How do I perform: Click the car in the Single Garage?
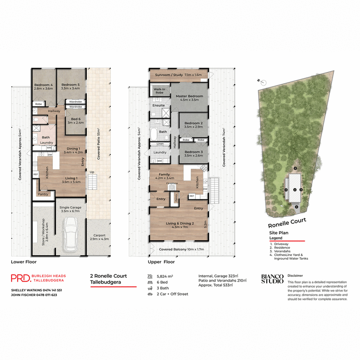(x=72, y=234)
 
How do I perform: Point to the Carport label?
(x=99, y=235)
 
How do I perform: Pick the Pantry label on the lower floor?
(x=44, y=194)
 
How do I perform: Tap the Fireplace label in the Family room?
(x=172, y=183)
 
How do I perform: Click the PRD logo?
(x=20, y=279)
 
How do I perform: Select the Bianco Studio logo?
(x=272, y=279)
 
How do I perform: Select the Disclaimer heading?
(x=295, y=274)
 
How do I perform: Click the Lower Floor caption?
(x=23, y=261)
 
